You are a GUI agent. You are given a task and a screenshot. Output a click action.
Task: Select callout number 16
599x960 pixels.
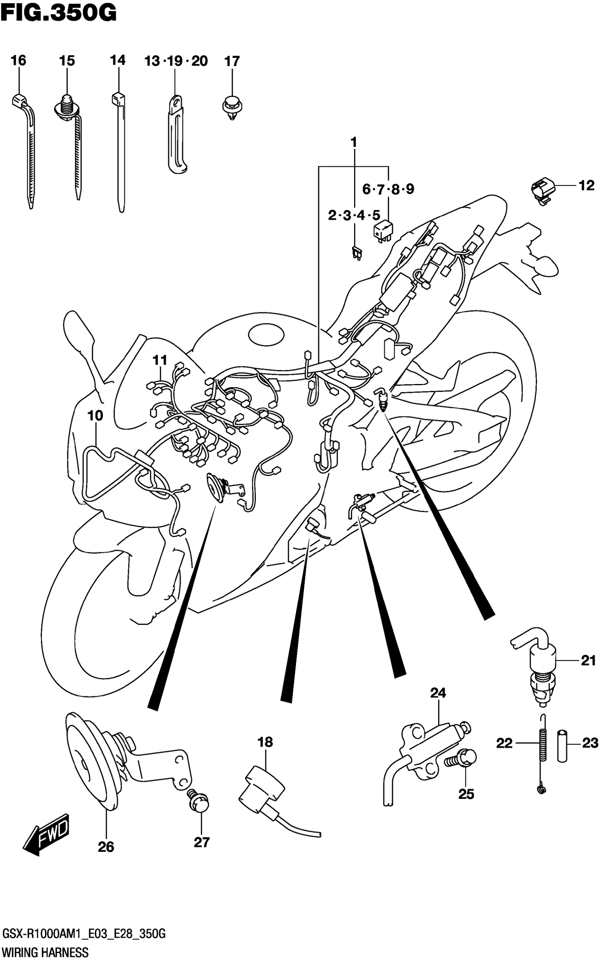coord(18,61)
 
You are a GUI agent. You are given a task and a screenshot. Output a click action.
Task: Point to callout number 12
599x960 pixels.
coord(587,185)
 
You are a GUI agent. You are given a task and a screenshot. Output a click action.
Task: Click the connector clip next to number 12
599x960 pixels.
coord(542,191)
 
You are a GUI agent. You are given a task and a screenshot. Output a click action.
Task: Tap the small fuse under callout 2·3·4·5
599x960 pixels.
coord(356,252)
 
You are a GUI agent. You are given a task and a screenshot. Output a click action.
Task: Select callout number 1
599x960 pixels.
coord(354,142)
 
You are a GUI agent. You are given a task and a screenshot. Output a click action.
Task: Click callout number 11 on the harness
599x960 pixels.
coord(160,360)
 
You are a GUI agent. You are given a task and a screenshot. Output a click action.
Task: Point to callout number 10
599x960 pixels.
coord(95,415)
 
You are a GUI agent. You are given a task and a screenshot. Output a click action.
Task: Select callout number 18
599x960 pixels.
coord(265,742)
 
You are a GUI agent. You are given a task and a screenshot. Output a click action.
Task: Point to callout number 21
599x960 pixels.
coord(588,660)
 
